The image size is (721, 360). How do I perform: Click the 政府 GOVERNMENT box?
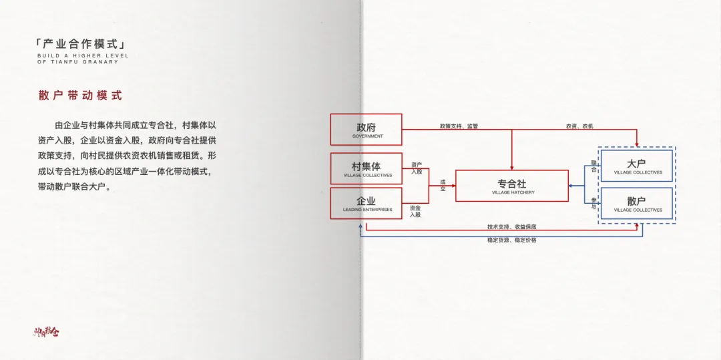coord(366,130)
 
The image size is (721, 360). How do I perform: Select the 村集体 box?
coord(366,168)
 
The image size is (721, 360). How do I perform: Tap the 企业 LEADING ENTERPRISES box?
coord(366,203)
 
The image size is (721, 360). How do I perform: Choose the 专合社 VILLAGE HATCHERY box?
coord(512,186)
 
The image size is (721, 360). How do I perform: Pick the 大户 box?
coord(636,166)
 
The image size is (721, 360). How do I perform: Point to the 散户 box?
coord(636,204)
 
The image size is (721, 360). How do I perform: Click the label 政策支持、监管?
coord(459,126)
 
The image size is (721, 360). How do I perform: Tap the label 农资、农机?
coord(579,126)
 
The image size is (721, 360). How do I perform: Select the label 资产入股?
coord(416,168)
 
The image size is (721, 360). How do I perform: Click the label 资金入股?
coord(415,211)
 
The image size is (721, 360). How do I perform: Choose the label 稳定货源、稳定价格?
coord(511,240)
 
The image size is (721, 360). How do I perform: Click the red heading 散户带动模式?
coord(80,96)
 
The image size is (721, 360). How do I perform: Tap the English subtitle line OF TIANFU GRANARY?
coord(77,61)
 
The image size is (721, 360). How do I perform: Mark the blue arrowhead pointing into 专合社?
coord(571,186)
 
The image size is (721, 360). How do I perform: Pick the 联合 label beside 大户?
coord(593,166)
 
